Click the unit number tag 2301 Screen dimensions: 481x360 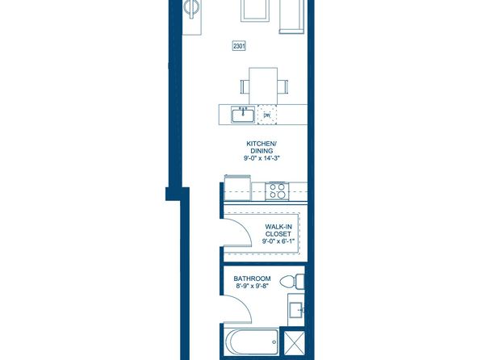[x=239, y=46]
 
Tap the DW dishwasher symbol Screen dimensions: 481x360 [x=267, y=115]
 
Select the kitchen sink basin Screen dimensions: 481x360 [x=243, y=115]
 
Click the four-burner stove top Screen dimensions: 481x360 [x=277, y=190]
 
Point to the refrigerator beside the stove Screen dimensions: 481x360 [x=238, y=187]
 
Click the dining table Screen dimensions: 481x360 [x=263, y=86]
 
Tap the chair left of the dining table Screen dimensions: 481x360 [x=245, y=86]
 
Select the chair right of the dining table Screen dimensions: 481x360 [x=282, y=86]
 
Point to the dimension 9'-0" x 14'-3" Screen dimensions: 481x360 [x=261, y=158]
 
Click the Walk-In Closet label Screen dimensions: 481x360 [x=278, y=230]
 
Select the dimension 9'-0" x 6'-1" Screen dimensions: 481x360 [x=278, y=241]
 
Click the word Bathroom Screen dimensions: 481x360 [x=252, y=278]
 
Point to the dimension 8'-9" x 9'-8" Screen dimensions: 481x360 [x=251, y=288]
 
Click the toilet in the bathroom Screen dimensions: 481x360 [x=292, y=282]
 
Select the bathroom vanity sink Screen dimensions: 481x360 [x=296, y=309]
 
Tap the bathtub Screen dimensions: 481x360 [x=252, y=342]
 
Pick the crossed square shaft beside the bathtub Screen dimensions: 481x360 [x=294, y=342]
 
